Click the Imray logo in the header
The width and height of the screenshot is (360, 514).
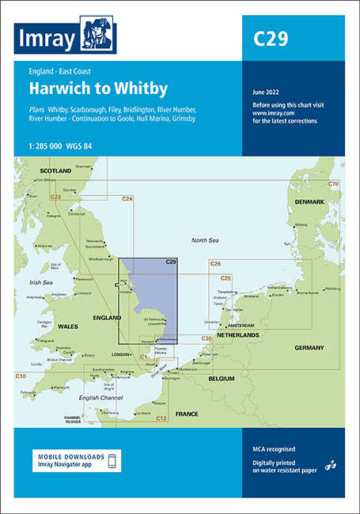68,38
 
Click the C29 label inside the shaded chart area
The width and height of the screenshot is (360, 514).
170,262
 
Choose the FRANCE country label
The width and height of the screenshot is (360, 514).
187,414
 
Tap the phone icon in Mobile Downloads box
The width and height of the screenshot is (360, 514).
113,462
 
